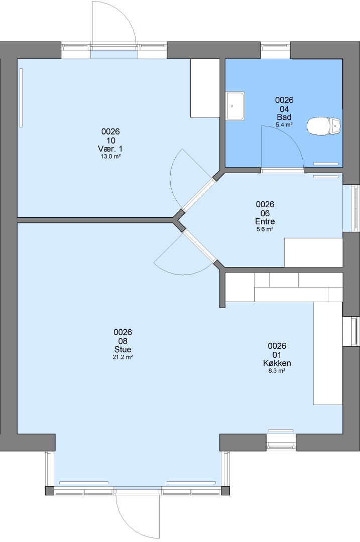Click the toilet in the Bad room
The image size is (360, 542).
coord(324,126)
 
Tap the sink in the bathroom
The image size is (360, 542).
coord(235,106)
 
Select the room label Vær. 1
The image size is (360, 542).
coord(110,149)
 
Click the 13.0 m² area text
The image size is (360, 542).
coord(110,156)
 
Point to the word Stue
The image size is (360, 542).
coord(123,349)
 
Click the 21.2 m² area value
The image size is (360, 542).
coord(123,357)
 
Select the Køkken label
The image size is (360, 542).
coord(277,363)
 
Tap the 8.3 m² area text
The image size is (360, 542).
coord(277,371)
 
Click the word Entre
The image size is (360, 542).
coord(265,221)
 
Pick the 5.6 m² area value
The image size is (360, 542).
coord(265,229)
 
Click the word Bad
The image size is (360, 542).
coord(284,117)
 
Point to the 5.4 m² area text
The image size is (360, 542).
coord(284,124)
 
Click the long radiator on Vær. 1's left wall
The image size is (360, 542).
coord(21,97)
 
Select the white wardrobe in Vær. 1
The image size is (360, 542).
coord(205,88)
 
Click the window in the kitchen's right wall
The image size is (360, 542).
coord(353,331)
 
